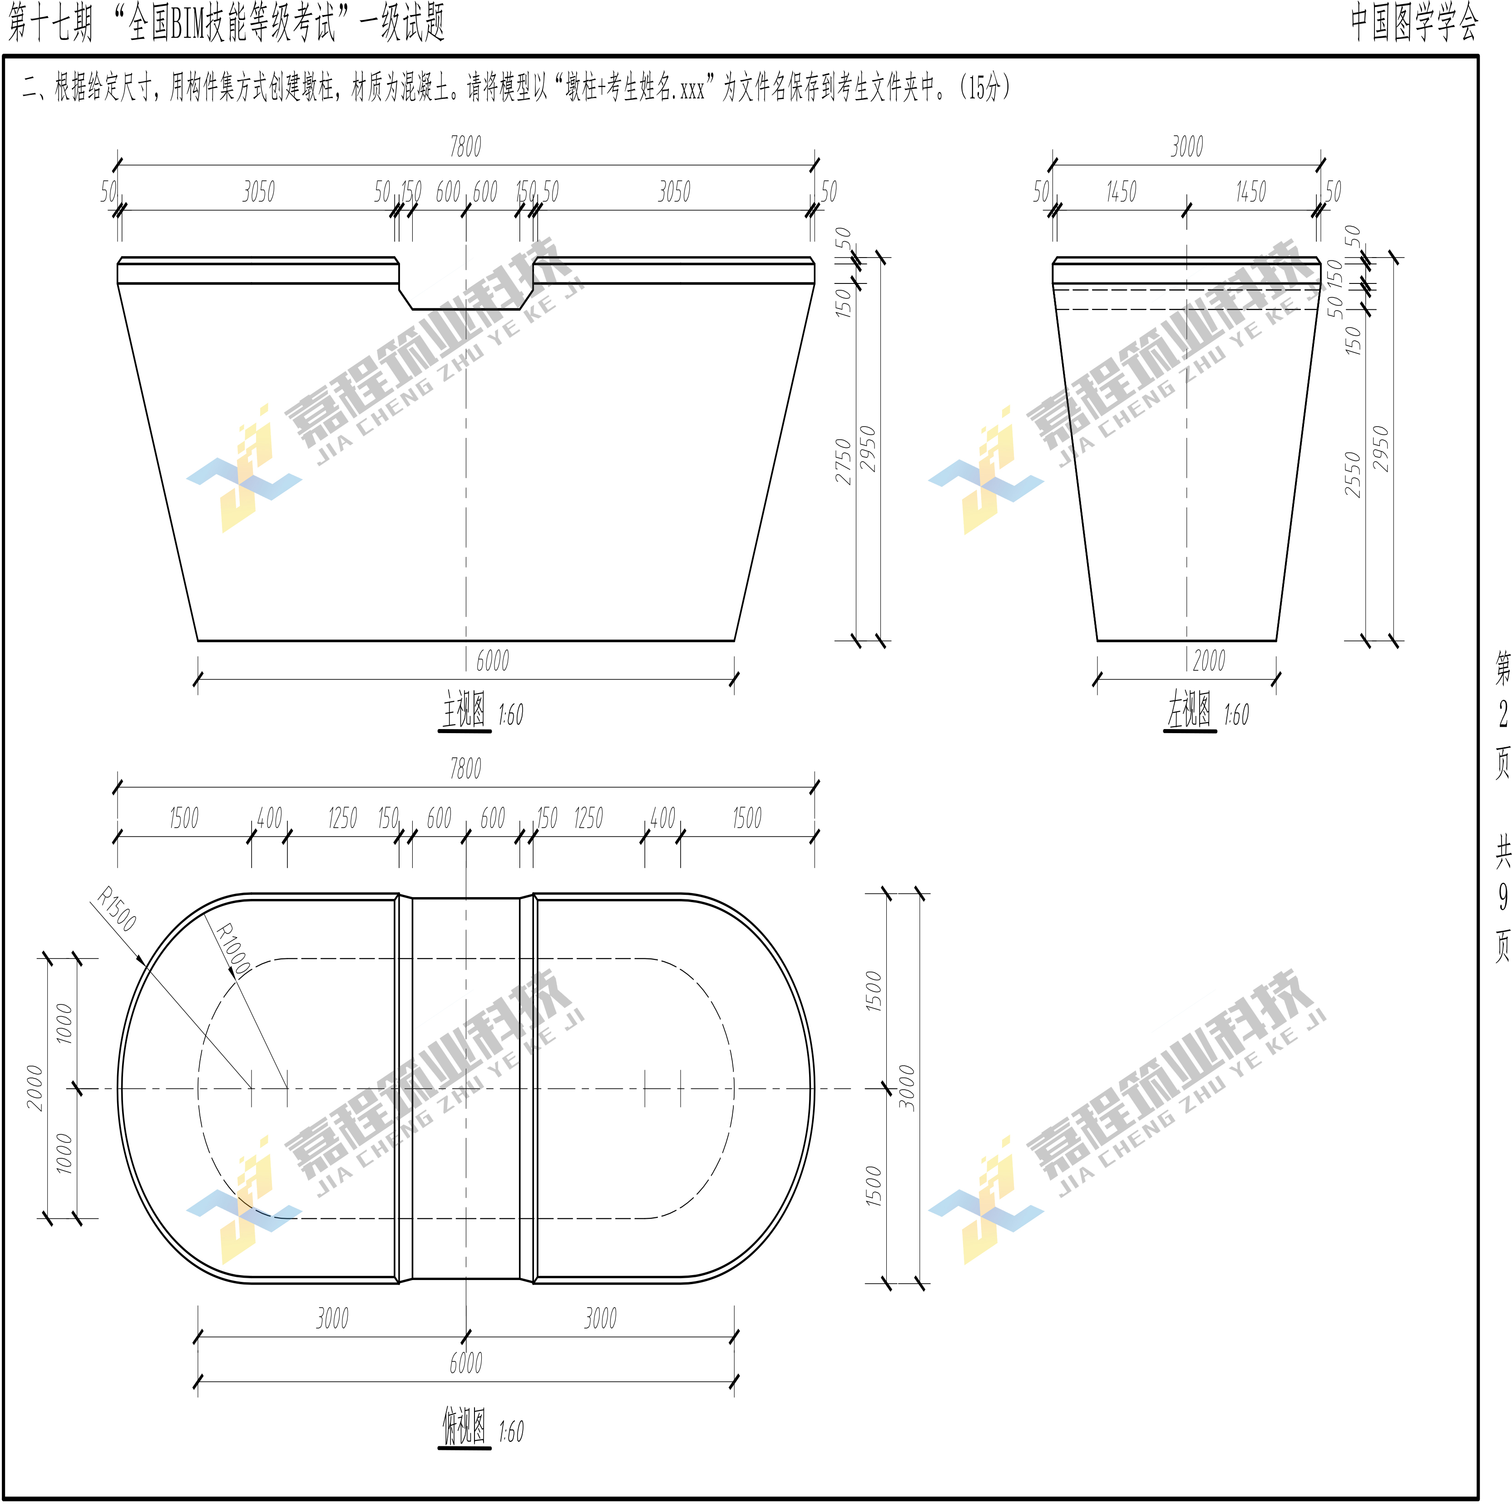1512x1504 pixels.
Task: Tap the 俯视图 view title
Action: (463, 1426)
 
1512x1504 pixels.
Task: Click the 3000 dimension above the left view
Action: (1186, 146)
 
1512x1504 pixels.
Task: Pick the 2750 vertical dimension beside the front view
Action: (843, 462)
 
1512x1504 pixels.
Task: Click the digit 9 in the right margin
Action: (1502, 897)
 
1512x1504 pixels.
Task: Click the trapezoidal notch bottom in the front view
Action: (466, 308)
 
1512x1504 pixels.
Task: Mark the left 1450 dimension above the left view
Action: (1121, 192)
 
